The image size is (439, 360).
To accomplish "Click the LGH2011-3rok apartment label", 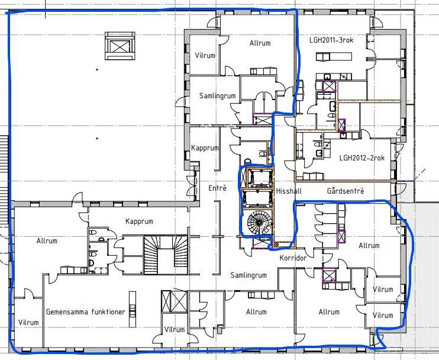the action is coord(331,40).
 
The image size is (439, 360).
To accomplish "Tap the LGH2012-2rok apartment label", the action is coord(362,157).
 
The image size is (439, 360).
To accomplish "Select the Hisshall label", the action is coord(289,191).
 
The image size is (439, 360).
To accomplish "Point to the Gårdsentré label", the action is coord(346,191).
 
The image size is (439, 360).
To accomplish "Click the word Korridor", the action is coord(293,258).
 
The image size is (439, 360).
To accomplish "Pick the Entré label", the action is coord(217,188).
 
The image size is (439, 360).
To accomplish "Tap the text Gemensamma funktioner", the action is coord(86,311).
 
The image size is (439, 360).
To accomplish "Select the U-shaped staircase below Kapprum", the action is coord(166,255).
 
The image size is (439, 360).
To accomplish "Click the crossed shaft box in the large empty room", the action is coord(120,46).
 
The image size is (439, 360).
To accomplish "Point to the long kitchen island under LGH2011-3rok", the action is coord(334,57).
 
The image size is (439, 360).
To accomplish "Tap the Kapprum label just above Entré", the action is coord(205,147).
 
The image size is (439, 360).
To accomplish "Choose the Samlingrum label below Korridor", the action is coord(248,275).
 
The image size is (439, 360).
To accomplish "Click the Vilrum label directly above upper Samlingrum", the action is coord(205,55).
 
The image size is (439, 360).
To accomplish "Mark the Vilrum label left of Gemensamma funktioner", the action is coord(28,322).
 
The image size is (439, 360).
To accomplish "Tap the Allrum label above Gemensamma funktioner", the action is coord(47,240).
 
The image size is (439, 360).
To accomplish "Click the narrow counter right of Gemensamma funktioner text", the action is coord(133,309).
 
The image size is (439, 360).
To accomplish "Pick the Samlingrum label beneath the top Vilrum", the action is coord(217,95).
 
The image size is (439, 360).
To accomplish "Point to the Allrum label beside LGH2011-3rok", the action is coord(260,43).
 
